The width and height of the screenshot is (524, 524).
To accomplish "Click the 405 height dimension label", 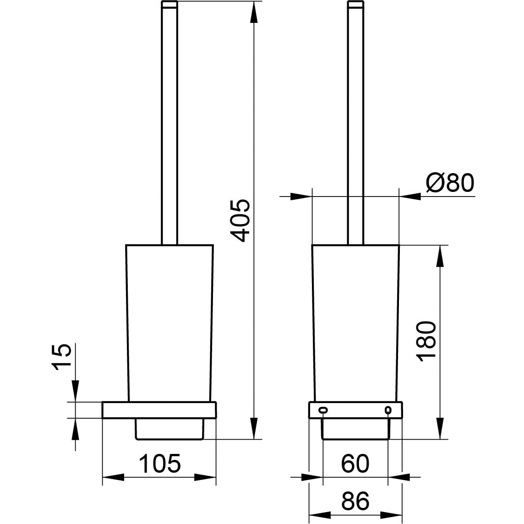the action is coord(240,221).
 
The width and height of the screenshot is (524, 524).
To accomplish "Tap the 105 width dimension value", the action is coord(159,464).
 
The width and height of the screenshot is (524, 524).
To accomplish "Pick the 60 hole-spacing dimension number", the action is coord(355,464).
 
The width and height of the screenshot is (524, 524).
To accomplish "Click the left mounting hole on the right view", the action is coord(323,409).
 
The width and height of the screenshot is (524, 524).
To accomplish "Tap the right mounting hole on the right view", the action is coord(388,409).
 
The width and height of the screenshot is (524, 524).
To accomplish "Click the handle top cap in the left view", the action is coord(169,4).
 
